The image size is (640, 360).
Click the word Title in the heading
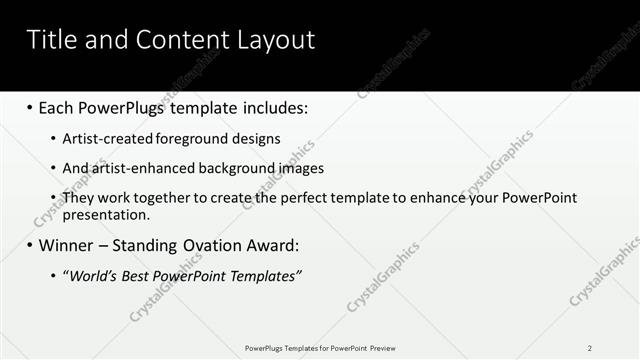(x=51, y=40)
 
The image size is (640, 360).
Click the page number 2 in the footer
(x=590, y=348)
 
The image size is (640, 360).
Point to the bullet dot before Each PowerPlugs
(x=30, y=106)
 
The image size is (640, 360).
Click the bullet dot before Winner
(x=30, y=245)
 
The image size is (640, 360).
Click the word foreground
(x=193, y=139)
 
